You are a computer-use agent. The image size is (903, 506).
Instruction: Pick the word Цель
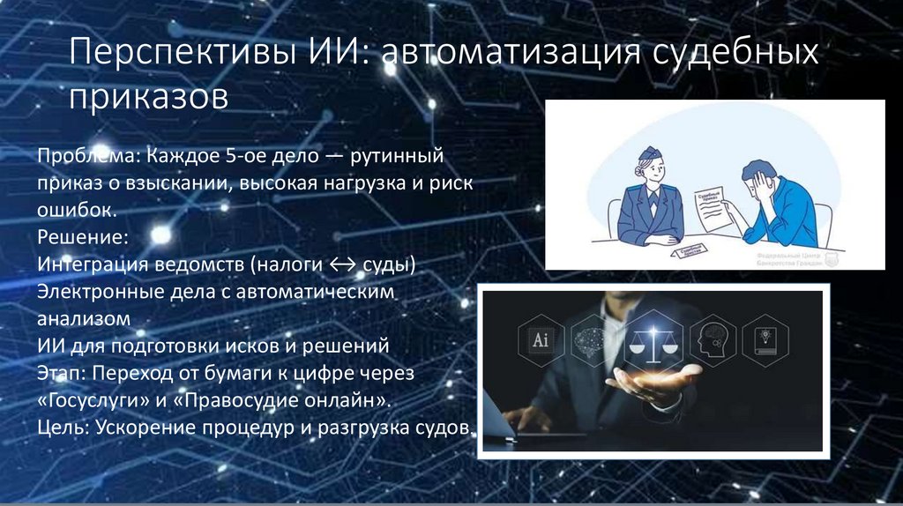[x=59, y=428]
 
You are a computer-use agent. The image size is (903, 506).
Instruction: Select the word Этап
[x=59, y=374]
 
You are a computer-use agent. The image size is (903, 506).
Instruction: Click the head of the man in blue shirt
[x=757, y=177]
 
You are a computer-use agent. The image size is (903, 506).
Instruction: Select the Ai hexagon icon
[x=538, y=339]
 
